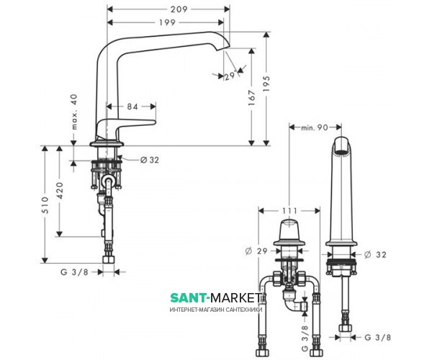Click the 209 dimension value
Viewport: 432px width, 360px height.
[x=179, y=9]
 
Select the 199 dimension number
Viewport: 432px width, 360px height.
[x=167, y=22]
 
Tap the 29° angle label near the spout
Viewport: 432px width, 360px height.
[x=230, y=76]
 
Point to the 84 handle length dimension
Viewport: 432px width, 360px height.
[x=132, y=107]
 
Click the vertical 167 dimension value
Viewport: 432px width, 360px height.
[x=252, y=98]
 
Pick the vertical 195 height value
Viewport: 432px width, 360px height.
[x=266, y=84]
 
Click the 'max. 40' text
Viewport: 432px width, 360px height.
[x=74, y=112]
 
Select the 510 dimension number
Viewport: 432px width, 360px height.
[x=45, y=205]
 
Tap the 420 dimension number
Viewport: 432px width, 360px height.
[x=60, y=191]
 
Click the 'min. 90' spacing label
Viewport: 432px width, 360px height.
[x=315, y=127]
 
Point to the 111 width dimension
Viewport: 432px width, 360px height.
[x=289, y=211]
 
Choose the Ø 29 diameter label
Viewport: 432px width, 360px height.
[x=256, y=251]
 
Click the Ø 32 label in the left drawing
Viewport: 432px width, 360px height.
[x=150, y=160]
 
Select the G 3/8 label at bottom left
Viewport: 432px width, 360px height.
[x=74, y=272]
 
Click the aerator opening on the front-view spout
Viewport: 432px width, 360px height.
[x=341, y=152]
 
